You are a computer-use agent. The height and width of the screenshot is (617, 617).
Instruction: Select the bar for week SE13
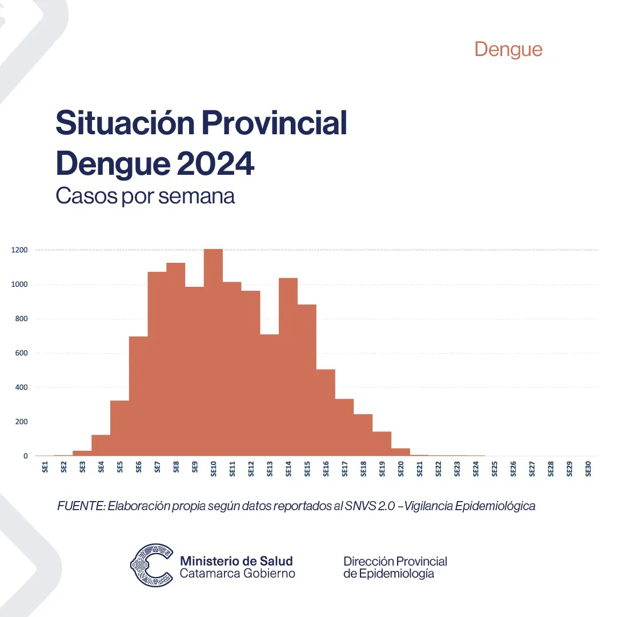[x=270, y=395]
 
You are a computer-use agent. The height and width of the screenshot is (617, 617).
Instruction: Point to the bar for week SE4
[x=101, y=446]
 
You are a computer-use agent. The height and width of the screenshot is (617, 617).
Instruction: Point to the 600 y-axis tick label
[x=22, y=353]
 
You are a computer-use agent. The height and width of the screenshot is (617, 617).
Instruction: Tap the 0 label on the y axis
[x=25, y=456]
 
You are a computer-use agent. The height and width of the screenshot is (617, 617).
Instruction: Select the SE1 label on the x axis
[x=45, y=467]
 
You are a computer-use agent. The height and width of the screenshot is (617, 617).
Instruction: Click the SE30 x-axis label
[x=588, y=468]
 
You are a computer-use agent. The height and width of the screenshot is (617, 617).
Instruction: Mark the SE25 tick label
[x=495, y=468]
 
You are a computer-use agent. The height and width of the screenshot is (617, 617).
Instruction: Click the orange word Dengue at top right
[x=508, y=49]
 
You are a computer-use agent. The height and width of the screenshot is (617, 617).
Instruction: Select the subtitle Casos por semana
[x=145, y=196]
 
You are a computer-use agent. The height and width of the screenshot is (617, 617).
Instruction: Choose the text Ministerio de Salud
[x=236, y=560]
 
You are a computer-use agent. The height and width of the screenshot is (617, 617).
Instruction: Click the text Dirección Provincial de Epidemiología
[x=395, y=567]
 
